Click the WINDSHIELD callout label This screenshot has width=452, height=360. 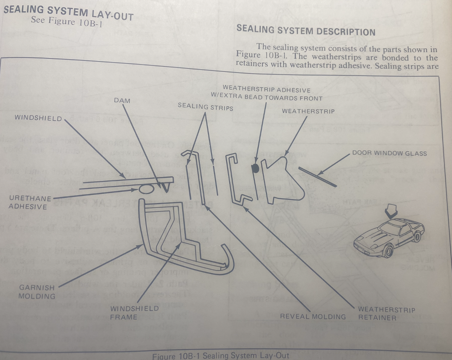tap(38, 118)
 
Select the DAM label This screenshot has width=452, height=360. tap(122, 100)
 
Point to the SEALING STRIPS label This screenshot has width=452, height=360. tap(206, 107)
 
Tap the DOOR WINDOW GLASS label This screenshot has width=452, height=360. tap(389, 153)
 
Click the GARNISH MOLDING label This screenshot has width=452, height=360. tap(37, 292)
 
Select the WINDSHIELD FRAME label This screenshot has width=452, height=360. tap(134, 313)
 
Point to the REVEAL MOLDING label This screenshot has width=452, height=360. tap(313, 317)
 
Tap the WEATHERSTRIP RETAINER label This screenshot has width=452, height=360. tap(386, 313)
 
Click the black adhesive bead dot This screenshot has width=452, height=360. tap(256, 168)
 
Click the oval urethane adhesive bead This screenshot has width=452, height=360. tap(146, 189)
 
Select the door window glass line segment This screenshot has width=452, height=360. tap(318, 177)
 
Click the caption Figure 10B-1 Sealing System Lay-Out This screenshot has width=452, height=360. tap(221, 356)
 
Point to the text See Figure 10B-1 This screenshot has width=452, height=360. tap(66, 22)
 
